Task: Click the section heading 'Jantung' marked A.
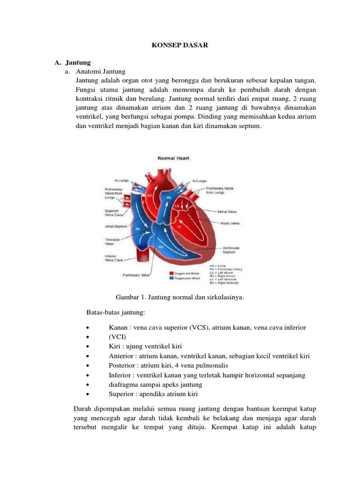click(78, 62)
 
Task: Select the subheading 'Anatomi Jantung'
click(101, 72)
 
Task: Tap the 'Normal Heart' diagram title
click(172, 158)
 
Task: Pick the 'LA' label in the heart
click(177, 206)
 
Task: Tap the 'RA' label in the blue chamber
click(138, 228)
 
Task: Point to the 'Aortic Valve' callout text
click(230, 224)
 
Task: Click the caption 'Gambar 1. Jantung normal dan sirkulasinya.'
click(180, 297)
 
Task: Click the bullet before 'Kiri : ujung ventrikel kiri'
click(88, 346)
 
